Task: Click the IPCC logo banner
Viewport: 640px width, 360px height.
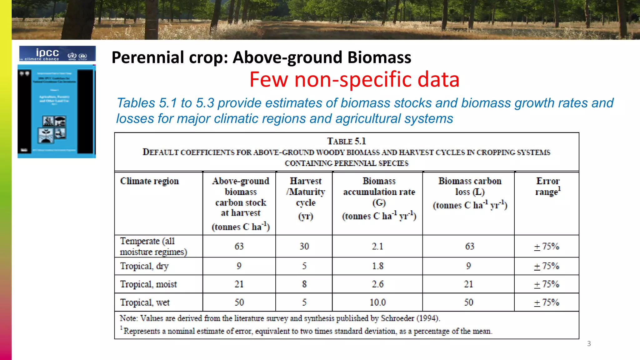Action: [x=57, y=53]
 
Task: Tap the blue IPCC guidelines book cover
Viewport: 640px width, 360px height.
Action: [x=57, y=111]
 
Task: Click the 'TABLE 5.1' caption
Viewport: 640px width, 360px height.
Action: [x=346, y=141]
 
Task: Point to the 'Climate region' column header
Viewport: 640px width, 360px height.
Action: [x=149, y=181]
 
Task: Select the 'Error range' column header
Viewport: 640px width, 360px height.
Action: [x=547, y=186]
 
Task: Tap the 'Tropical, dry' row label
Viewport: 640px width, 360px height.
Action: [x=144, y=266]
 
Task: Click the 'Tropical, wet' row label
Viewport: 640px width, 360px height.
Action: [x=145, y=302]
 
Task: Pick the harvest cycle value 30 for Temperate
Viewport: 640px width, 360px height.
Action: [x=304, y=246]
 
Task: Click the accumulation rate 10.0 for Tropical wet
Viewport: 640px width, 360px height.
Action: [x=377, y=302]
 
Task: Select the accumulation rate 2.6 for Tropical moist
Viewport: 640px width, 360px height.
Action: [x=377, y=284]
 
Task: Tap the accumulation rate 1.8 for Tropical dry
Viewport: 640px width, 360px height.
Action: [x=377, y=266]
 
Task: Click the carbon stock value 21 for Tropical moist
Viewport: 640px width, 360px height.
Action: [x=239, y=284]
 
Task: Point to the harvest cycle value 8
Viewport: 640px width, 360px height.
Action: [x=304, y=284]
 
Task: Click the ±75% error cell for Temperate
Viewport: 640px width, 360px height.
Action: [x=547, y=246]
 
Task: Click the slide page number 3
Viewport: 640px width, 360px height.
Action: [x=589, y=344]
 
